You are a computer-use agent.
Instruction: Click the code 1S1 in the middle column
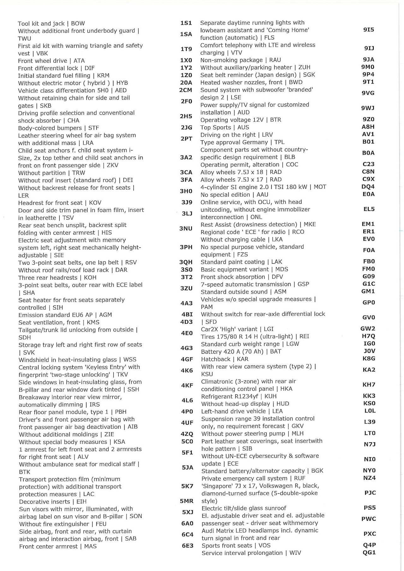pos(186,23)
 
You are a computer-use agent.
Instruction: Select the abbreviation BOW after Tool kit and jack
pos(78,24)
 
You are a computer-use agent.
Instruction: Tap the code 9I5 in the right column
pos(369,30)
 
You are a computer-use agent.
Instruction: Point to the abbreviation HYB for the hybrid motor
pos(122,83)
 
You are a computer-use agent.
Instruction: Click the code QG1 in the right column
pos(369,552)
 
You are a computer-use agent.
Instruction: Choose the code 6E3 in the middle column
pos(187,545)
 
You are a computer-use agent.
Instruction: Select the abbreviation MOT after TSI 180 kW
pos(320,187)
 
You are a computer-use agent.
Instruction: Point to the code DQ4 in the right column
pos(368,187)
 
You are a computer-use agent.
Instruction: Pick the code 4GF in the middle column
pos(187,359)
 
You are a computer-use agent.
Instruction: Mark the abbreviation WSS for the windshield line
pos(130,360)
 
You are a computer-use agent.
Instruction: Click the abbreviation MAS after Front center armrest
pos(90,546)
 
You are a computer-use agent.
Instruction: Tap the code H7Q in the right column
pos(369,336)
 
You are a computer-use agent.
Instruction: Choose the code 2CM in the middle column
pos(186,90)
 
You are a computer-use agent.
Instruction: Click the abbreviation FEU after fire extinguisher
pos(101,524)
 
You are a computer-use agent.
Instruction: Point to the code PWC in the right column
pos(369,519)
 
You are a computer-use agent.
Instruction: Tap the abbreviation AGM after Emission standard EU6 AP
pos(105,315)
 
